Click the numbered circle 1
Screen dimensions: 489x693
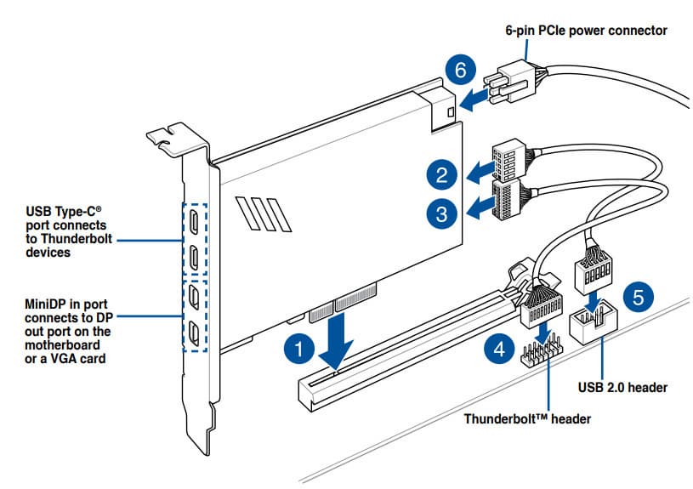coord(297,349)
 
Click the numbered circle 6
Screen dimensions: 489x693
coord(460,70)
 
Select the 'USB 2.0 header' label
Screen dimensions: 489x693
coord(622,388)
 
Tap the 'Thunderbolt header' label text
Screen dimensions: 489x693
coord(527,418)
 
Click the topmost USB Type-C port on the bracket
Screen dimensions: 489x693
coord(194,223)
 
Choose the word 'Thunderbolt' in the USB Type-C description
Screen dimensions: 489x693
coord(77,240)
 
